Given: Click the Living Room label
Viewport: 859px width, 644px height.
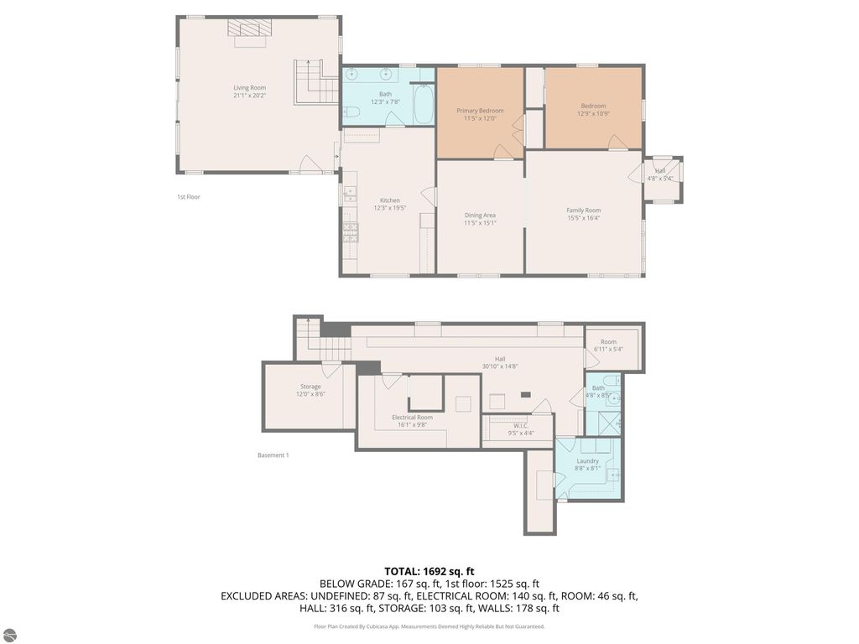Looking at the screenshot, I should [x=249, y=87].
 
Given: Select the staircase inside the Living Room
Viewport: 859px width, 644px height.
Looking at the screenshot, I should [x=317, y=83].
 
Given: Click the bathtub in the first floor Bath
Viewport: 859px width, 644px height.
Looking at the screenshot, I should [x=423, y=104].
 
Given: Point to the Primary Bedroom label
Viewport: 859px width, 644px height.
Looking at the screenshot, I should [x=480, y=111].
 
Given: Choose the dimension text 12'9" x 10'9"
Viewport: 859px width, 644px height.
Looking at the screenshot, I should [x=593, y=113].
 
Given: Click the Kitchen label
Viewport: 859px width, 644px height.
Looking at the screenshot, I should [x=389, y=200].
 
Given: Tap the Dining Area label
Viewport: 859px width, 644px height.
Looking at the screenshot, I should [x=480, y=216].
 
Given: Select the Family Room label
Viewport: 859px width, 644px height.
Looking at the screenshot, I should [x=583, y=210].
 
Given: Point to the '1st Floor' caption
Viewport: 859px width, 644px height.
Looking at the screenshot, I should [x=188, y=197].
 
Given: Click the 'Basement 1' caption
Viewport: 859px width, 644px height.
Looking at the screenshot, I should [x=273, y=455].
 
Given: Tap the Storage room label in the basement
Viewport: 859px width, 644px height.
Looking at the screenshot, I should [x=310, y=387].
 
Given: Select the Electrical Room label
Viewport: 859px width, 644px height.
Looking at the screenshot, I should [x=412, y=418].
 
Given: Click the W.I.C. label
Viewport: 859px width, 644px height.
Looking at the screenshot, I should [x=517, y=426].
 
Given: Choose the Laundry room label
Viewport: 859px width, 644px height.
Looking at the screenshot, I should [x=587, y=461].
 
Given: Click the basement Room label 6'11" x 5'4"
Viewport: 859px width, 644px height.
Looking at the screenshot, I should [x=608, y=342].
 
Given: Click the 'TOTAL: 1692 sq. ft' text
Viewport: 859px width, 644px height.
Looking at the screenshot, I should [x=429, y=571].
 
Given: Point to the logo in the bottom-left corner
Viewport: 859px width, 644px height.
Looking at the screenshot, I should [x=9, y=634].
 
